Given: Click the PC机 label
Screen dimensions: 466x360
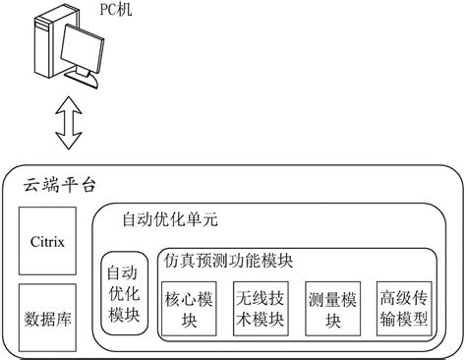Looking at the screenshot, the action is click(x=116, y=9).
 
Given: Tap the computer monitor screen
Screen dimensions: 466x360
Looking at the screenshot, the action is click(x=83, y=50).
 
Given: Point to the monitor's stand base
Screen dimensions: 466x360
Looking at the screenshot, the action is click(x=82, y=80).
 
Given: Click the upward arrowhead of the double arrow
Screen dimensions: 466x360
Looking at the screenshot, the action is click(x=69, y=105).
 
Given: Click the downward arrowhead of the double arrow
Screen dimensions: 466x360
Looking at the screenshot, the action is click(x=69, y=141).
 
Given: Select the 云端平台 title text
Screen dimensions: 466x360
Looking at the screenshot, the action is click(x=59, y=185).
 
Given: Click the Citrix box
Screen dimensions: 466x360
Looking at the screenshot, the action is click(x=47, y=241).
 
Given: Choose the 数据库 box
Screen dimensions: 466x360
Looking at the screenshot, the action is click(x=47, y=318).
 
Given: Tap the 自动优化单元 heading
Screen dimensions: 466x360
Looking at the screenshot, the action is click(x=170, y=219).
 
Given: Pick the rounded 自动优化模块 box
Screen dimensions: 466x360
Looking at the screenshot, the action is click(x=124, y=293).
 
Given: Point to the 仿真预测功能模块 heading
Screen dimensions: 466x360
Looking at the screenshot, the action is click(x=228, y=261).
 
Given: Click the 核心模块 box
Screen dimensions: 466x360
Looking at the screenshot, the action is click(x=189, y=309).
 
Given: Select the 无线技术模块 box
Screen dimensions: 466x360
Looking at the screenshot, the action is click(x=261, y=309).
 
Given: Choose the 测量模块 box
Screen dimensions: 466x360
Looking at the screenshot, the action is click(x=333, y=309).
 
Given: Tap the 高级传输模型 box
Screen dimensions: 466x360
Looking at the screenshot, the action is click(x=404, y=309).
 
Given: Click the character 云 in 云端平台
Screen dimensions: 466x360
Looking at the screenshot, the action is click(x=31, y=185).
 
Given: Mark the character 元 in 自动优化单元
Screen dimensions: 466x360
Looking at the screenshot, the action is click(x=209, y=219).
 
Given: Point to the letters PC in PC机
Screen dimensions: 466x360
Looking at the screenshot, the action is click(x=108, y=9).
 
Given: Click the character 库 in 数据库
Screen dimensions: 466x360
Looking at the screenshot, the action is click(x=63, y=319).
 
